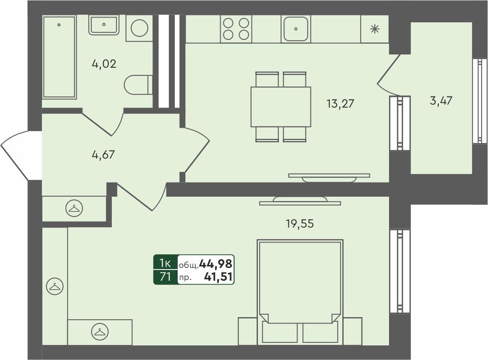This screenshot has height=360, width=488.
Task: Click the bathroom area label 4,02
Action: tap(104, 64)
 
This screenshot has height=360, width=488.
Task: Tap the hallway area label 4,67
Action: tap(103, 154)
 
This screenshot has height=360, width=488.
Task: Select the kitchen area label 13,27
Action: tap(341, 103)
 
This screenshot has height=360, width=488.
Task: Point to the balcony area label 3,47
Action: tap(441, 102)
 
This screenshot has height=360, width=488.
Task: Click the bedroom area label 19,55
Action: tap(300, 223)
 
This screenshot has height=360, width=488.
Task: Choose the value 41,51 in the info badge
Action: tap(218, 277)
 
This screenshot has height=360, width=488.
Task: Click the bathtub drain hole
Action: tap(59, 24)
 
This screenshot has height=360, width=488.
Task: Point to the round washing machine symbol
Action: tap(139, 29)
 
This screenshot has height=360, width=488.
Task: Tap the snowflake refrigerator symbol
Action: tap(374, 29)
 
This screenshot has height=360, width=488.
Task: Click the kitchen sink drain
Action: tap(296, 29)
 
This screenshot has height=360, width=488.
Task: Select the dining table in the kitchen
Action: tap(281, 107)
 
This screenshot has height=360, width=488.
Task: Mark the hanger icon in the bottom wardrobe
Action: tap(100, 332)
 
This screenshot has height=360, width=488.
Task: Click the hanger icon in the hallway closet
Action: tap(74, 209)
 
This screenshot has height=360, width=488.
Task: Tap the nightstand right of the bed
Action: tap(353, 330)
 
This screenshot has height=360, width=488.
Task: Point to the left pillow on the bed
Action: tap(280, 332)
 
